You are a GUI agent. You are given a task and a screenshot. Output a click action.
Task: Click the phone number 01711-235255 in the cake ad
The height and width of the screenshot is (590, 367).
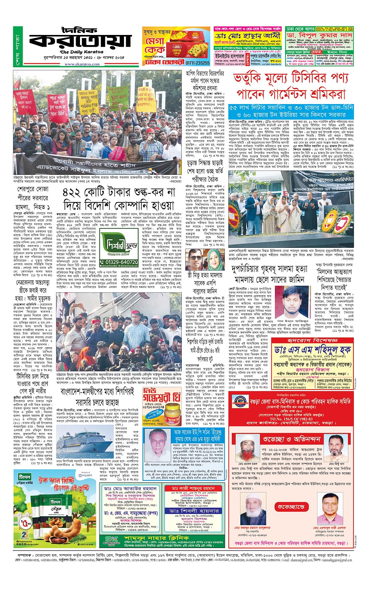click(197, 63)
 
